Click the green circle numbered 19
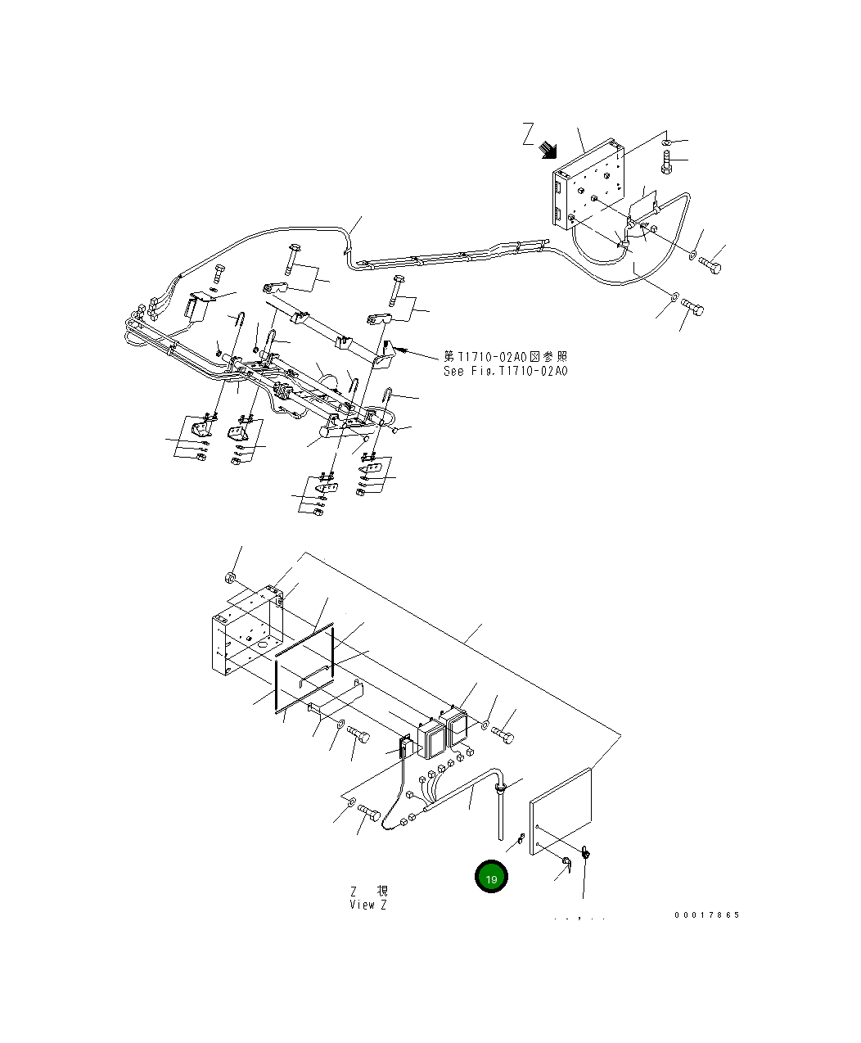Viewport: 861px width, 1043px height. click(x=491, y=878)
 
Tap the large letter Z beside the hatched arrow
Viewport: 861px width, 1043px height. click(x=529, y=133)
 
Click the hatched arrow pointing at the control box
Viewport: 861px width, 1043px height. click(x=548, y=150)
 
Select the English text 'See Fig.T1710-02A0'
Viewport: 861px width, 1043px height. click(x=505, y=371)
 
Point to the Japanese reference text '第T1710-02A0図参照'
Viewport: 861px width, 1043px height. click(x=505, y=357)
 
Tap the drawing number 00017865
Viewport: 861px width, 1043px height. click(x=706, y=914)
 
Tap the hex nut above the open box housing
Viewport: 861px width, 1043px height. click(x=232, y=580)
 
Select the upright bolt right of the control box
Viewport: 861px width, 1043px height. click(x=665, y=162)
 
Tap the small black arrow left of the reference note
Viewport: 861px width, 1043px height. click(x=408, y=352)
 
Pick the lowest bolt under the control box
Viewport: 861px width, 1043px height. click(x=692, y=309)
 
